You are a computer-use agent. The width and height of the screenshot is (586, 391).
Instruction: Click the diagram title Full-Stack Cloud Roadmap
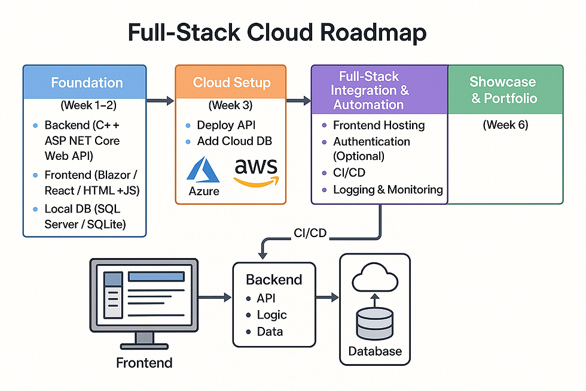tap(277, 33)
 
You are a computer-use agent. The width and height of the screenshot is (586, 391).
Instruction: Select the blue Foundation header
tap(87, 83)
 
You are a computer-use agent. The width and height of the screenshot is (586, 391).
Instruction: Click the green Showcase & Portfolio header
tap(503, 90)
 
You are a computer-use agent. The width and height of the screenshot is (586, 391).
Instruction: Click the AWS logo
tap(256, 170)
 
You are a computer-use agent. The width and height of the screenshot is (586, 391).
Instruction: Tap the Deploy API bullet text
tap(226, 125)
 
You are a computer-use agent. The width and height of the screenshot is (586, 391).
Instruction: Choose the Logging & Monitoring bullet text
tap(388, 190)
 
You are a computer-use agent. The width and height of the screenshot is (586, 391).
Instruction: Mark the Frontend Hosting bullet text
tap(379, 125)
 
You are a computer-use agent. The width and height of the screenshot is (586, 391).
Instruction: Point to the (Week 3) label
tap(231, 106)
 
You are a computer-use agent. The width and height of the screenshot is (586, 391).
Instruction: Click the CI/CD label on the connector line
tap(310, 233)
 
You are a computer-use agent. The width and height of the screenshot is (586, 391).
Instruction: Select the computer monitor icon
tap(144, 299)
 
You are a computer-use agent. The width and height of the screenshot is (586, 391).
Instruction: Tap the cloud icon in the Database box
tap(375, 277)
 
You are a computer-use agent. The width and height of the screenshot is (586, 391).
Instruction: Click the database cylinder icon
tap(374, 323)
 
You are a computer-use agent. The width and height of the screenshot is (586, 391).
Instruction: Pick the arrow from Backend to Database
tap(327, 297)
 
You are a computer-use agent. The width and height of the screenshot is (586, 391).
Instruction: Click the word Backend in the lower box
tap(274, 280)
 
